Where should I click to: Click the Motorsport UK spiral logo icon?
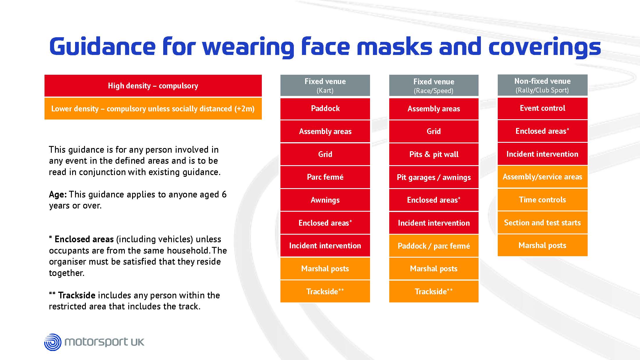(53, 342)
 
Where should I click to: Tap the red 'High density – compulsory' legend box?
(153, 85)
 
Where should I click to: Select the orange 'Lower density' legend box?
(153, 108)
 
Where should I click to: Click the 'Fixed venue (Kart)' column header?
(325, 85)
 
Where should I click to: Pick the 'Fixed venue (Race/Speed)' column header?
(434, 85)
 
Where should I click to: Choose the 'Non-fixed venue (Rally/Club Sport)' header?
(543, 85)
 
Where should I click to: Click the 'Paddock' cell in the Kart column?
(325, 108)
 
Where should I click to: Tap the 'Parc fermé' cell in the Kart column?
(325, 177)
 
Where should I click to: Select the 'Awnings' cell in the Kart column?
(325, 200)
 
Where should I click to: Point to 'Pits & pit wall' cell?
(434, 154)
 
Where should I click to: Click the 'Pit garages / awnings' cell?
(434, 177)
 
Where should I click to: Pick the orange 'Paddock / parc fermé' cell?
(434, 246)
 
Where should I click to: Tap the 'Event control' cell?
(543, 108)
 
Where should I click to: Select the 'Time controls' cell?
(543, 200)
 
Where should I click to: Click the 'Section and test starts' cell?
(543, 223)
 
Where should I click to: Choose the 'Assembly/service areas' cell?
(543, 177)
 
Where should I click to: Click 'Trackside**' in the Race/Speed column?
(434, 291)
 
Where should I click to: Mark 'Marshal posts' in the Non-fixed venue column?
(543, 245)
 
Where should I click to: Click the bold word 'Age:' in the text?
(58, 195)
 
